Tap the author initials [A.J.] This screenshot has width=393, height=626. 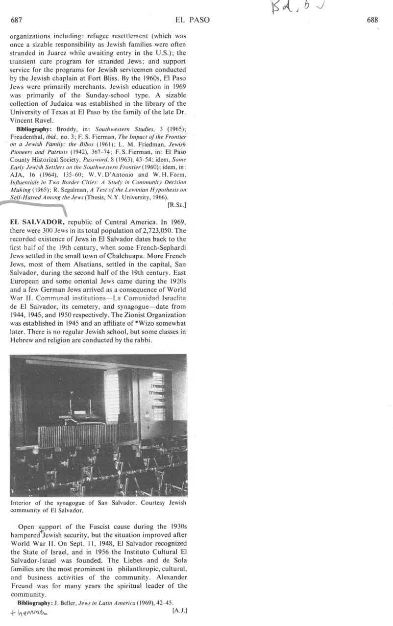[180, 610]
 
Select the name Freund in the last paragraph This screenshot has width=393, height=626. [21, 586]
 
